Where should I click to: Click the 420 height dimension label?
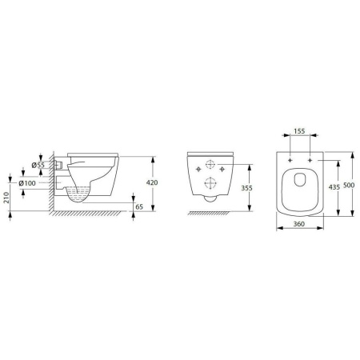[152, 182]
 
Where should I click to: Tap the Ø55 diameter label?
[38, 165]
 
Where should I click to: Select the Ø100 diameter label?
[27, 183]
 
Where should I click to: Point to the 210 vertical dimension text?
[6, 198]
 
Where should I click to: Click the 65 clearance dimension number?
[139, 206]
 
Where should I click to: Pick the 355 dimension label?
[246, 188]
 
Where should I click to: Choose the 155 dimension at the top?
[299, 131]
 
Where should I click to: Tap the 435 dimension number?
[334, 187]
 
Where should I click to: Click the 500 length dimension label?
[349, 185]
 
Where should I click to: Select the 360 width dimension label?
[299, 224]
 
